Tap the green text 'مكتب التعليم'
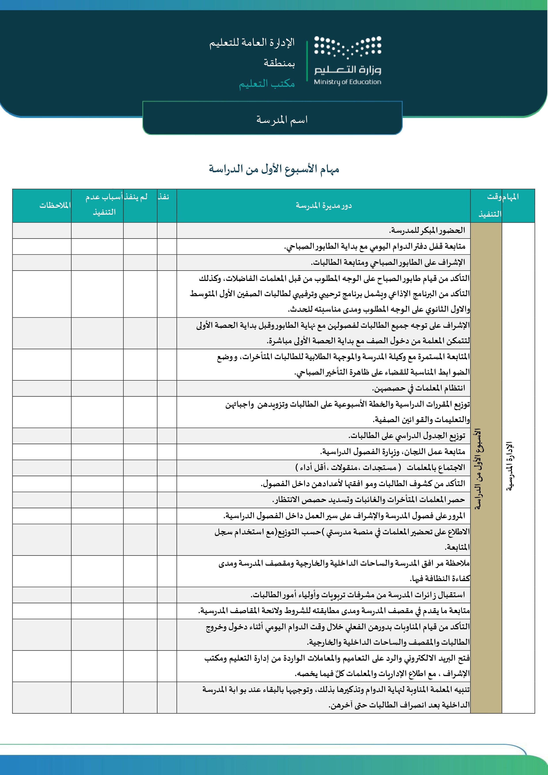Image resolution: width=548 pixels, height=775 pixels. point(267,83)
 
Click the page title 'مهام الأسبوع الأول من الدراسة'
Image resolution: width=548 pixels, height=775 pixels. point(274,169)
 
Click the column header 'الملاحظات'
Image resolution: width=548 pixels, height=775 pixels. point(55,205)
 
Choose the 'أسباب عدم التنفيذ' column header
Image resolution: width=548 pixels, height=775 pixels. point(103,205)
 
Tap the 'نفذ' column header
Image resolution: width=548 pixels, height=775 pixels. point(164,197)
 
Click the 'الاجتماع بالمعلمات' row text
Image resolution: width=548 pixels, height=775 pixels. point(380,468)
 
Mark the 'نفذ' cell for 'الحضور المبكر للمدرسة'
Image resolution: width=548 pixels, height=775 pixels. point(167,231)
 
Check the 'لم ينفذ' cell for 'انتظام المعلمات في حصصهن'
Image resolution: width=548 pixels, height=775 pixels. point(140,388)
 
